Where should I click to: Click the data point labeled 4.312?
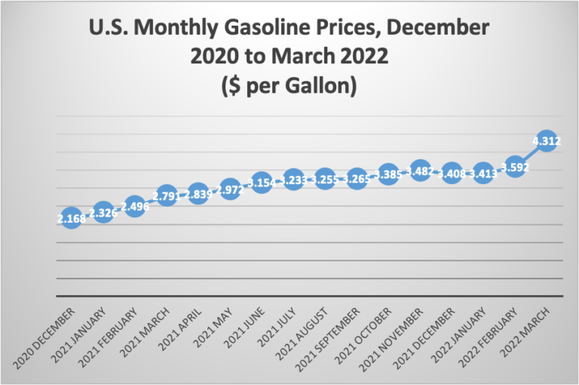coord(546,140)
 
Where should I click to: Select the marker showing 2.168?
coord(72,219)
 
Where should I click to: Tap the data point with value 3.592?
coord(514,168)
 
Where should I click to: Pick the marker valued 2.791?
coord(167,196)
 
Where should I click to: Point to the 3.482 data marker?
coord(419,171)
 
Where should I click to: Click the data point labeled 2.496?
coord(135,206)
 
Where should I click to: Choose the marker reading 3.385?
coord(388,175)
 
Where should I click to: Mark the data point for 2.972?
coord(230,189)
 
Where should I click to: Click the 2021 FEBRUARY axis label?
coord(111,335)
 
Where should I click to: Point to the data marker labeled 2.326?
coord(103,213)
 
